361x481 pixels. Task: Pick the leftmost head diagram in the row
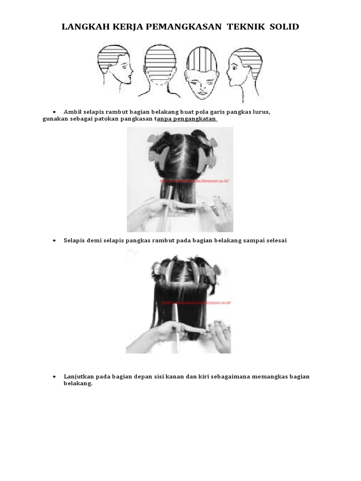click(x=114, y=66)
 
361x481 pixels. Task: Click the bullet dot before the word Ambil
click(x=55, y=112)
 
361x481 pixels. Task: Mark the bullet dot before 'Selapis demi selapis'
click(x=55, y=240)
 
